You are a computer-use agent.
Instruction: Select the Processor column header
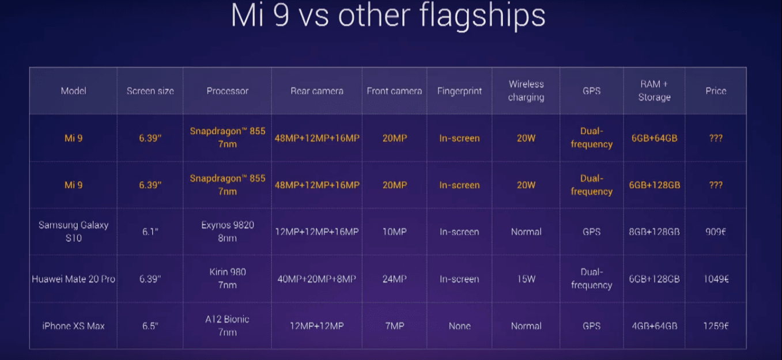tap(227, 91)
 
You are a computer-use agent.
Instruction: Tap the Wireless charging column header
tap(526, 91)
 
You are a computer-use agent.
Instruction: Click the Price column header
tap(716, 91)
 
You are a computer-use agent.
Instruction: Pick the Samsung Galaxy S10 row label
tap(73, 232)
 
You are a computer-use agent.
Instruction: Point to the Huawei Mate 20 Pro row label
tap(73, 279)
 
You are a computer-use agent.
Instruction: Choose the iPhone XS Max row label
tap(73, 326)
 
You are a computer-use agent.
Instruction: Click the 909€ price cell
tap(716, 232)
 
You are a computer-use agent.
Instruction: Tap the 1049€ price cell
tap(716, 279)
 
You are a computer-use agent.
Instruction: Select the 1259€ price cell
tap(716, 326)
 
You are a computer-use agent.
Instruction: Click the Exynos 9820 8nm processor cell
tap(227, 232)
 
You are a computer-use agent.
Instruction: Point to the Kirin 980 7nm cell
tap(227, 278)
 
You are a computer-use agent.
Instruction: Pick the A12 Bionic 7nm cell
tap(227, 325)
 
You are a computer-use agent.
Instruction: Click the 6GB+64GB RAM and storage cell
tap(654, 138)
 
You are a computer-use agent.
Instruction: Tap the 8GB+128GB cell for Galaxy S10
tap(654, 232)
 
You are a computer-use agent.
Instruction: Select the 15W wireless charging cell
tap(526, 279)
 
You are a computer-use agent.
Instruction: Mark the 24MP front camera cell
tap(395, 279)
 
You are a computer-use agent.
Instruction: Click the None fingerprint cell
tap(459, 326)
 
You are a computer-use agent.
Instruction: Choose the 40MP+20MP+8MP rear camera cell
tap(316, 279)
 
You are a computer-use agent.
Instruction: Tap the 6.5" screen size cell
tap(150, 326)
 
